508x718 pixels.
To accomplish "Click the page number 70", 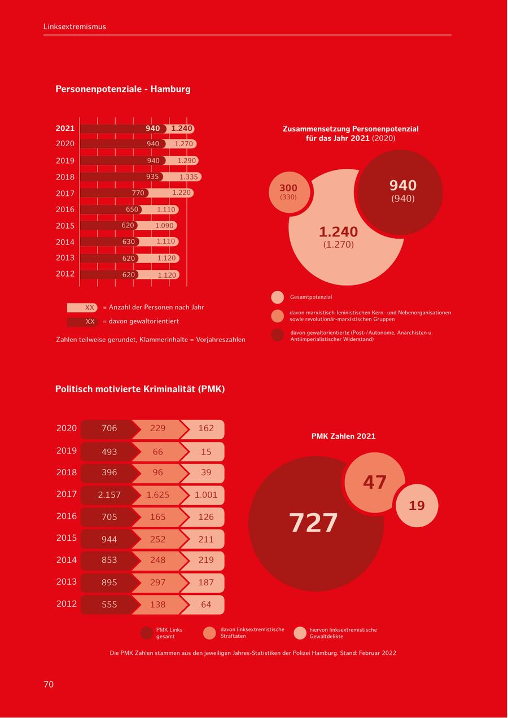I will [x=49, y=684].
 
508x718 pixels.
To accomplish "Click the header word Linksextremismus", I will [x=75, y=27].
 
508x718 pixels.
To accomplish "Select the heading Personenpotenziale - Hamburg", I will [x=122, y=89].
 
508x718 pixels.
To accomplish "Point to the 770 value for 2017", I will [x=138, y=193].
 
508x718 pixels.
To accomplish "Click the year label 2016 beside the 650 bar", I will [x=65, y=209].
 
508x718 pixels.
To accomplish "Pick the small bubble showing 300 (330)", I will [x=288, y=192].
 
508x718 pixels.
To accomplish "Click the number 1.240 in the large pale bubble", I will [x=338, y=232].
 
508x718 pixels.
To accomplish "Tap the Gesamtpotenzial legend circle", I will [x=277, y=297].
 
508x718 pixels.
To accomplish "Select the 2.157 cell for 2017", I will [x=110, y=495].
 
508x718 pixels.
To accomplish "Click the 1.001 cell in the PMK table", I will [x=206, y=495].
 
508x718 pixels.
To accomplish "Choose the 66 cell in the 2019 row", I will [x=158, y=452].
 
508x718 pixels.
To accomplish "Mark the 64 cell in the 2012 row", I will [x=206, y=605].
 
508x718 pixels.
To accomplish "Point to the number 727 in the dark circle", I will [x=313, y=523].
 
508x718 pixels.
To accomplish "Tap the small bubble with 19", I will [x=417, y=506].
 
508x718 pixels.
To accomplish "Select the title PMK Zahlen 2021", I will [x=343, y=436].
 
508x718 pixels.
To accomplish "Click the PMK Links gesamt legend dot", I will [x=147, y=633].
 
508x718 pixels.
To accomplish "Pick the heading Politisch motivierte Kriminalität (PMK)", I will [x=140, y=389].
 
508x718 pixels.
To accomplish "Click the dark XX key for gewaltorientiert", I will [x=83, y=322].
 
